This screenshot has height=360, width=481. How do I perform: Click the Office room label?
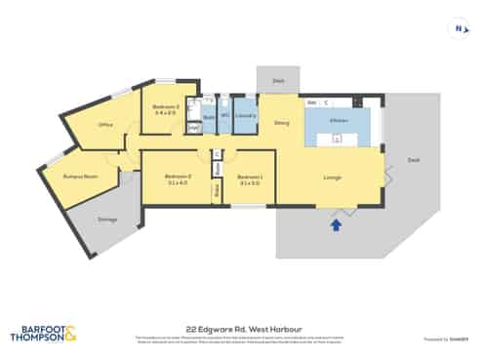pyautogui.click(x=106, y=125)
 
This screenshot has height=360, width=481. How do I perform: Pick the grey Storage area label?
pyautogui.click(x=106, y=219)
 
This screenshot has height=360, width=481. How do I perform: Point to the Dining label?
pyautogui.click(x=281, y=123)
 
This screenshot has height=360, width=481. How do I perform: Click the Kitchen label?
pyautogui.click(x=338, y=120)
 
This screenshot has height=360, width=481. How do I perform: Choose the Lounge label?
pyautogui.click(x=332, y=177)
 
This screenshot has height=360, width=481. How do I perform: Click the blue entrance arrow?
pyautogui.click(x=336, y=225)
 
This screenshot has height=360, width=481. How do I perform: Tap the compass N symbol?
pyautogui.click(x=456, y=29)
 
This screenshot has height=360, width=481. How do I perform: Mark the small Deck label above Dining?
pyautogui.click(x=278, y=81)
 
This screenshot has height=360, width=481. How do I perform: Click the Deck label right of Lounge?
pyautogui.click(x=413, y=159)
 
